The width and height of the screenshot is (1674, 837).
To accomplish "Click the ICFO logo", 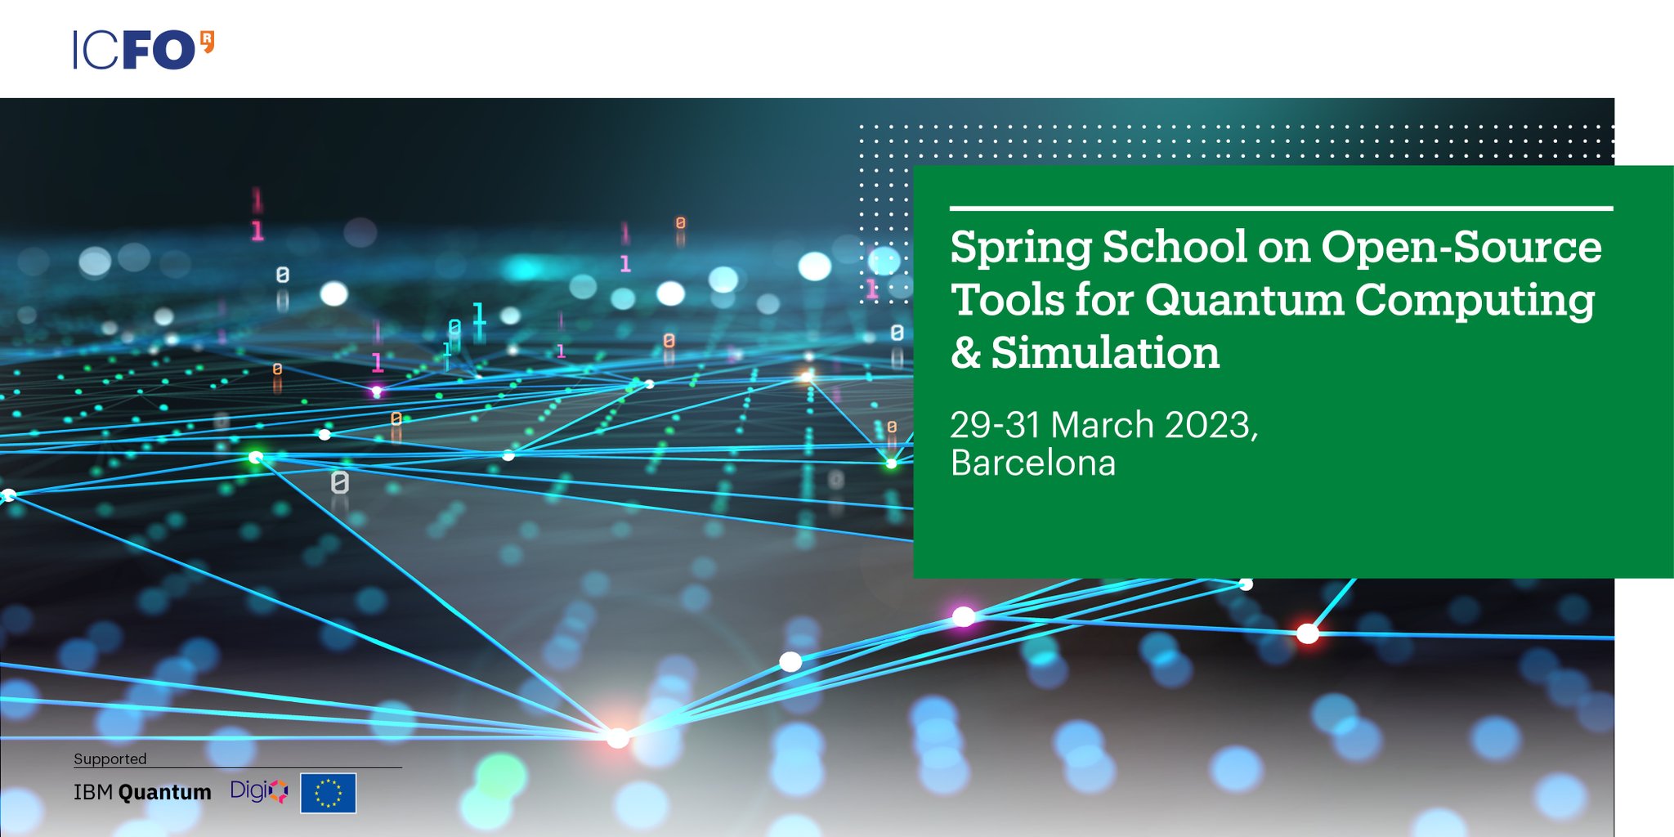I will [143, 50].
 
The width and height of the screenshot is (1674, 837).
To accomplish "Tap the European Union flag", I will [328, 793].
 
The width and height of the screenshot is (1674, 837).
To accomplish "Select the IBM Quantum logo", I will [142, 792].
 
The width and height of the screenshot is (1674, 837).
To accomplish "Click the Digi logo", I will [258, 790].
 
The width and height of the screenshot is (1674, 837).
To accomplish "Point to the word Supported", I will [110, 759].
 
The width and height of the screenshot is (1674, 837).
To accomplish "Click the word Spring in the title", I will [1020, 248].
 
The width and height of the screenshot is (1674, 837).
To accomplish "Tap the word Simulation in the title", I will [1105, 353].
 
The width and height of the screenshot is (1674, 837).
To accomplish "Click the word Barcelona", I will [1033, 463].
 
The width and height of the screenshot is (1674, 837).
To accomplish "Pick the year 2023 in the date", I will [1209, 425].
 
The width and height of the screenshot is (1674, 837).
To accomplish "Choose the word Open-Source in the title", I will [1461, 247].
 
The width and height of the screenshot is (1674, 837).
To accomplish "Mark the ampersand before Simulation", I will [965, 353].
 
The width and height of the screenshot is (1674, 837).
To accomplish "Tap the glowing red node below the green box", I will [1308, 633].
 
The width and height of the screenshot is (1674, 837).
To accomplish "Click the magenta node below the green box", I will [964, 616].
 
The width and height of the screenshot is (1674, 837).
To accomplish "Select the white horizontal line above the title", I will [1281, 208].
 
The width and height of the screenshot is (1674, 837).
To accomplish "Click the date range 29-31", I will [995, 425].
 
